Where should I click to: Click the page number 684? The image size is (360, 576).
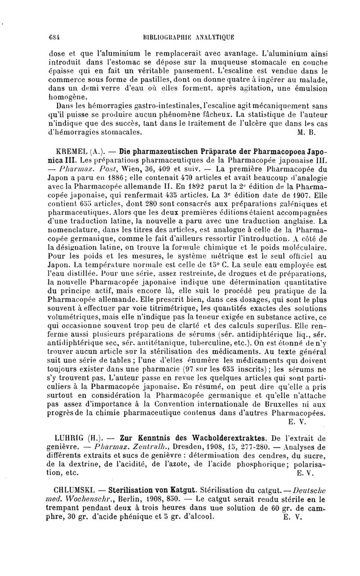click(55, 38)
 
